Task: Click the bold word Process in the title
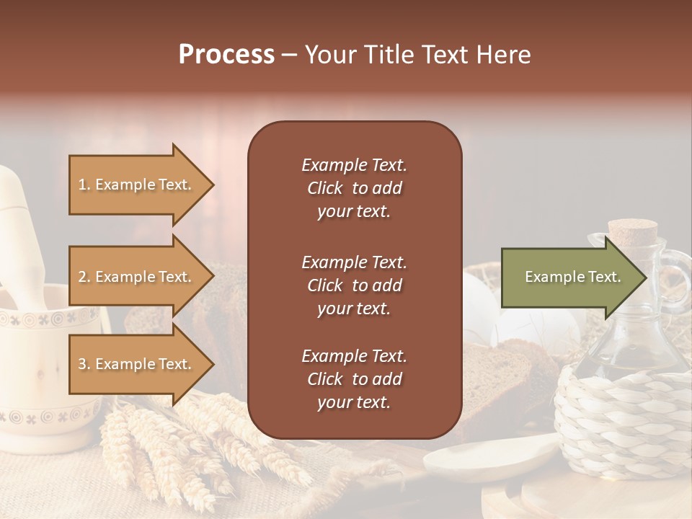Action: pos(226,55)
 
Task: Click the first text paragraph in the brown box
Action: pos(354,188)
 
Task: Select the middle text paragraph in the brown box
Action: pos(354,285)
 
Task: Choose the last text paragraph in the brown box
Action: pos(354,378)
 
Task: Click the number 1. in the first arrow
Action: pos(84,185)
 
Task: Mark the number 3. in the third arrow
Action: pos(84,364)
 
